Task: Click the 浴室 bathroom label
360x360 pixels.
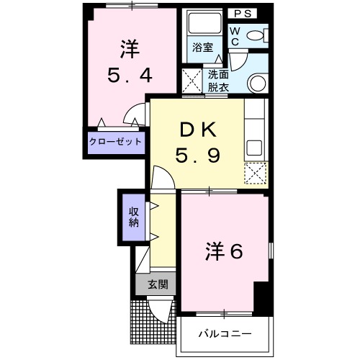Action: (202, 48)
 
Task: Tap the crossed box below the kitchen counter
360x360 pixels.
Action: (255, 174)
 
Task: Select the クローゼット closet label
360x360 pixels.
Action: (115, 142)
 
